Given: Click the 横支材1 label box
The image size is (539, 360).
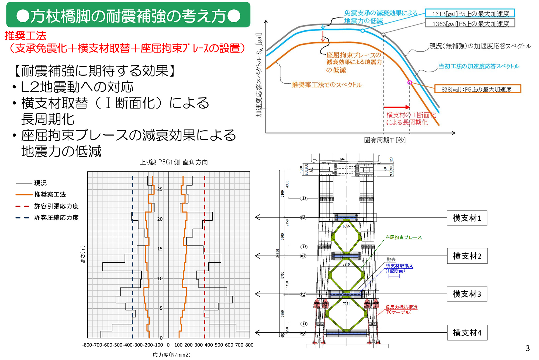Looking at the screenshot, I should tap(467, 218).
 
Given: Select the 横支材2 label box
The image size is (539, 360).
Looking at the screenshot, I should tap(467, 256).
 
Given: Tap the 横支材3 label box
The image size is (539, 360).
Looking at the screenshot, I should tap(467, 294).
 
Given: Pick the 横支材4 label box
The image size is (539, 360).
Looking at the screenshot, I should tap(467, 333).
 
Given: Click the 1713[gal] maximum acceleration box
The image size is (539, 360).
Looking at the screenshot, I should tap(470, 13).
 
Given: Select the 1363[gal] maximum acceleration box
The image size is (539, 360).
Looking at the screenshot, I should tap(470, 23).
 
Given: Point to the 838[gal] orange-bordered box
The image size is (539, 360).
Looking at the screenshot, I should tap(478, 89).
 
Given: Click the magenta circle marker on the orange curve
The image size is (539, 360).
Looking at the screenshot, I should tap(410, 82).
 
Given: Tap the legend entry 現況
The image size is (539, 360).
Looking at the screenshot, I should tap(40, 183).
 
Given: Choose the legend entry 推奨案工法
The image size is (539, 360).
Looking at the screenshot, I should tap(50, 194).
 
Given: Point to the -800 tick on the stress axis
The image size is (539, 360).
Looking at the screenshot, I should tap(87, 345).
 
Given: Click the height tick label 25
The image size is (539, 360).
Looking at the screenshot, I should tap(160, 189).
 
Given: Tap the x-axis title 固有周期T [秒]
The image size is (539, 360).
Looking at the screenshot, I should tap(385, 140).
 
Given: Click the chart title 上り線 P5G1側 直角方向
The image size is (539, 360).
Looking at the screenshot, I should tap(174, 162).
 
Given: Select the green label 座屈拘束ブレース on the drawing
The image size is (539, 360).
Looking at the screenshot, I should tap(403, 237).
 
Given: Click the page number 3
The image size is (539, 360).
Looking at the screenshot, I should tap(527, 348).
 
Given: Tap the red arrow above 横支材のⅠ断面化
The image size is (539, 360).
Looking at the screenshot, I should tap(396, 107).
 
